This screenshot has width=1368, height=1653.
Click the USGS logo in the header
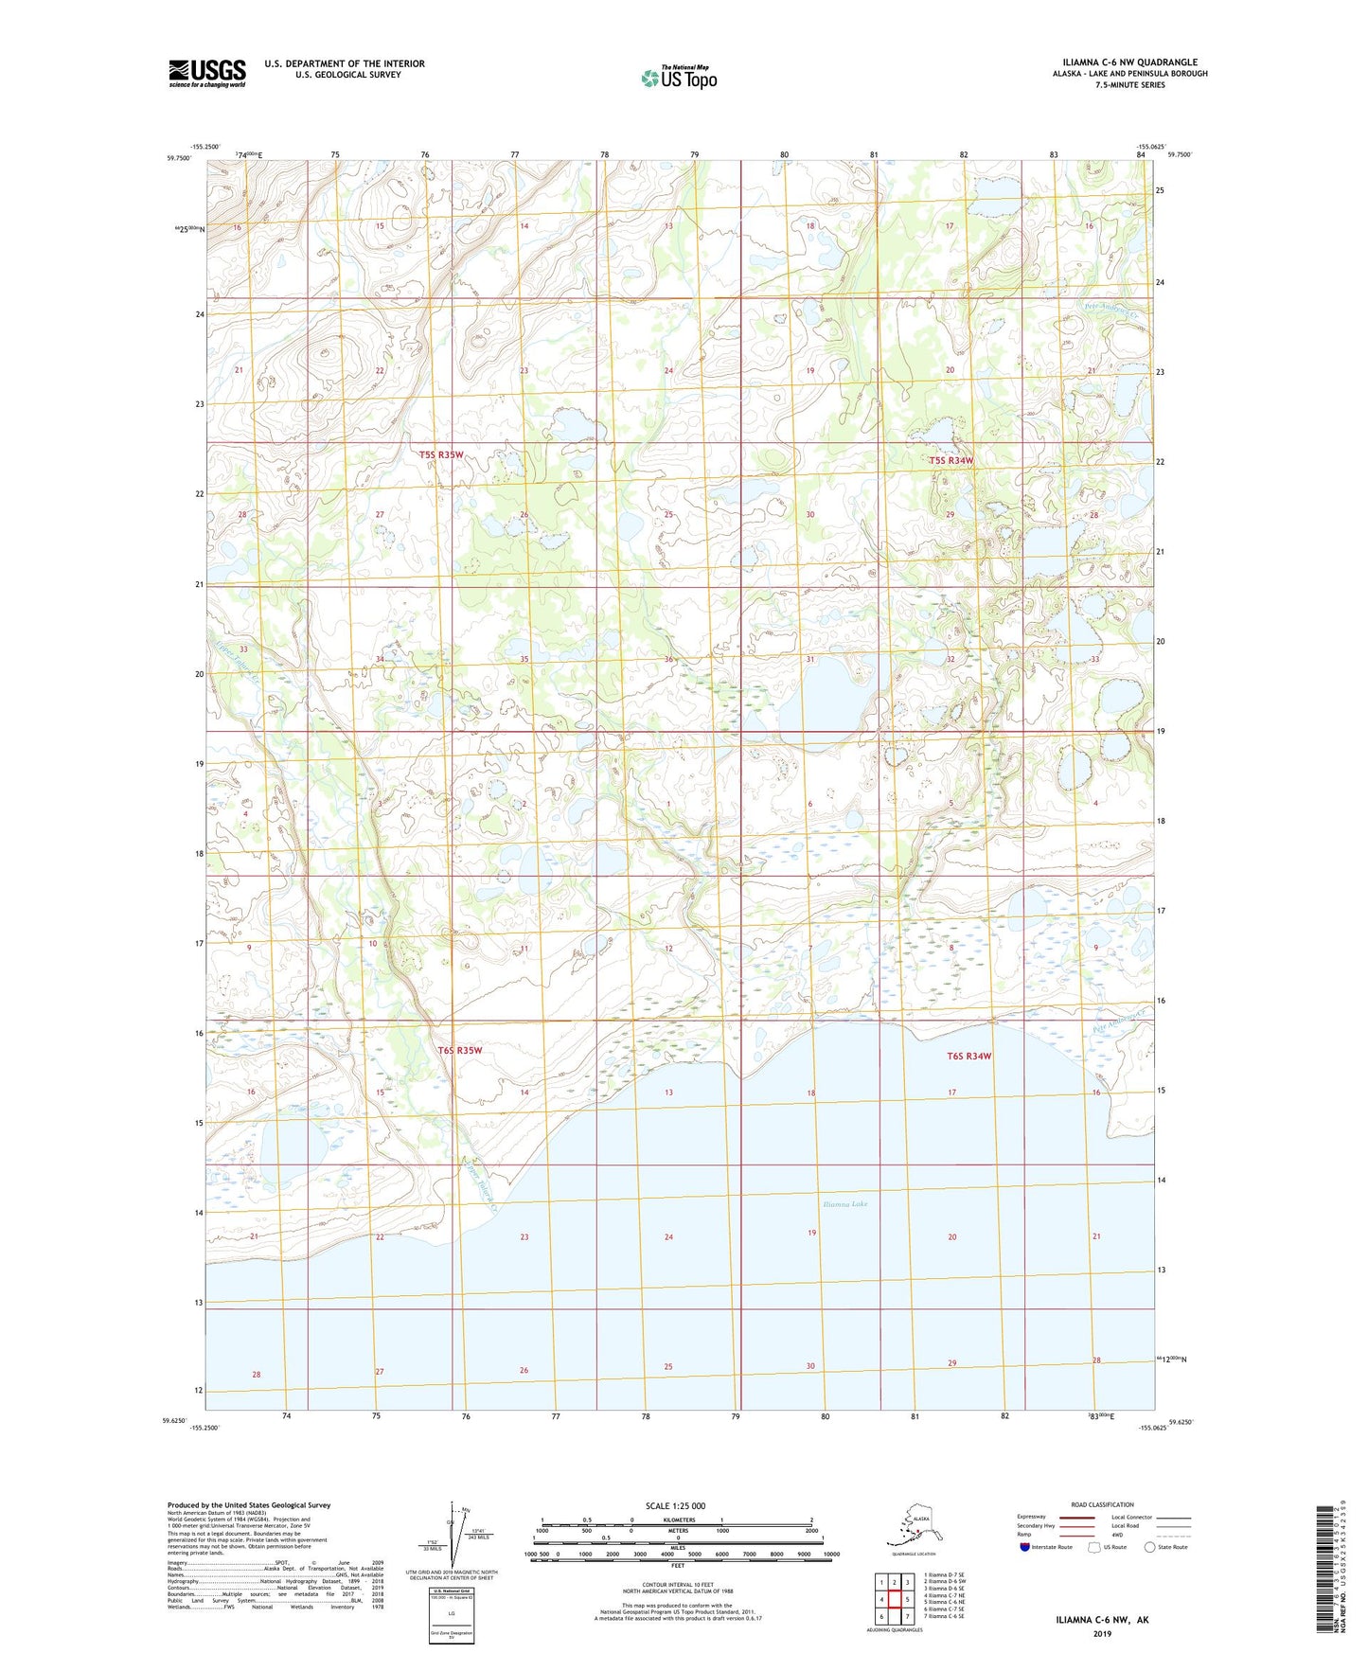pos(206,73)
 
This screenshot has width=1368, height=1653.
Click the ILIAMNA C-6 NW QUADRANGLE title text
pos(1123,62)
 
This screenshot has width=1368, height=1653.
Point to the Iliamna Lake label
pos(845,1204)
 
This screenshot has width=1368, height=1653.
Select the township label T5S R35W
pos(442,454)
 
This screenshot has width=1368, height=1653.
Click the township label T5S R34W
pos(950,460)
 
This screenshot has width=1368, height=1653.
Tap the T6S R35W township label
pos(460,1051)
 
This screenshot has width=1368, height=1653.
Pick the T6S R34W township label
pos(968,1056)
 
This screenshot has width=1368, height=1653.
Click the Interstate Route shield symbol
pos(1024,1547)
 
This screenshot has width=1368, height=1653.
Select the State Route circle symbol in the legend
pos(1150,1547)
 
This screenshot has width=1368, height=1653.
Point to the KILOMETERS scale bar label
pos(676,1520)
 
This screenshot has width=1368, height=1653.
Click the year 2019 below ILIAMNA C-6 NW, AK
pos(1102,1633)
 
